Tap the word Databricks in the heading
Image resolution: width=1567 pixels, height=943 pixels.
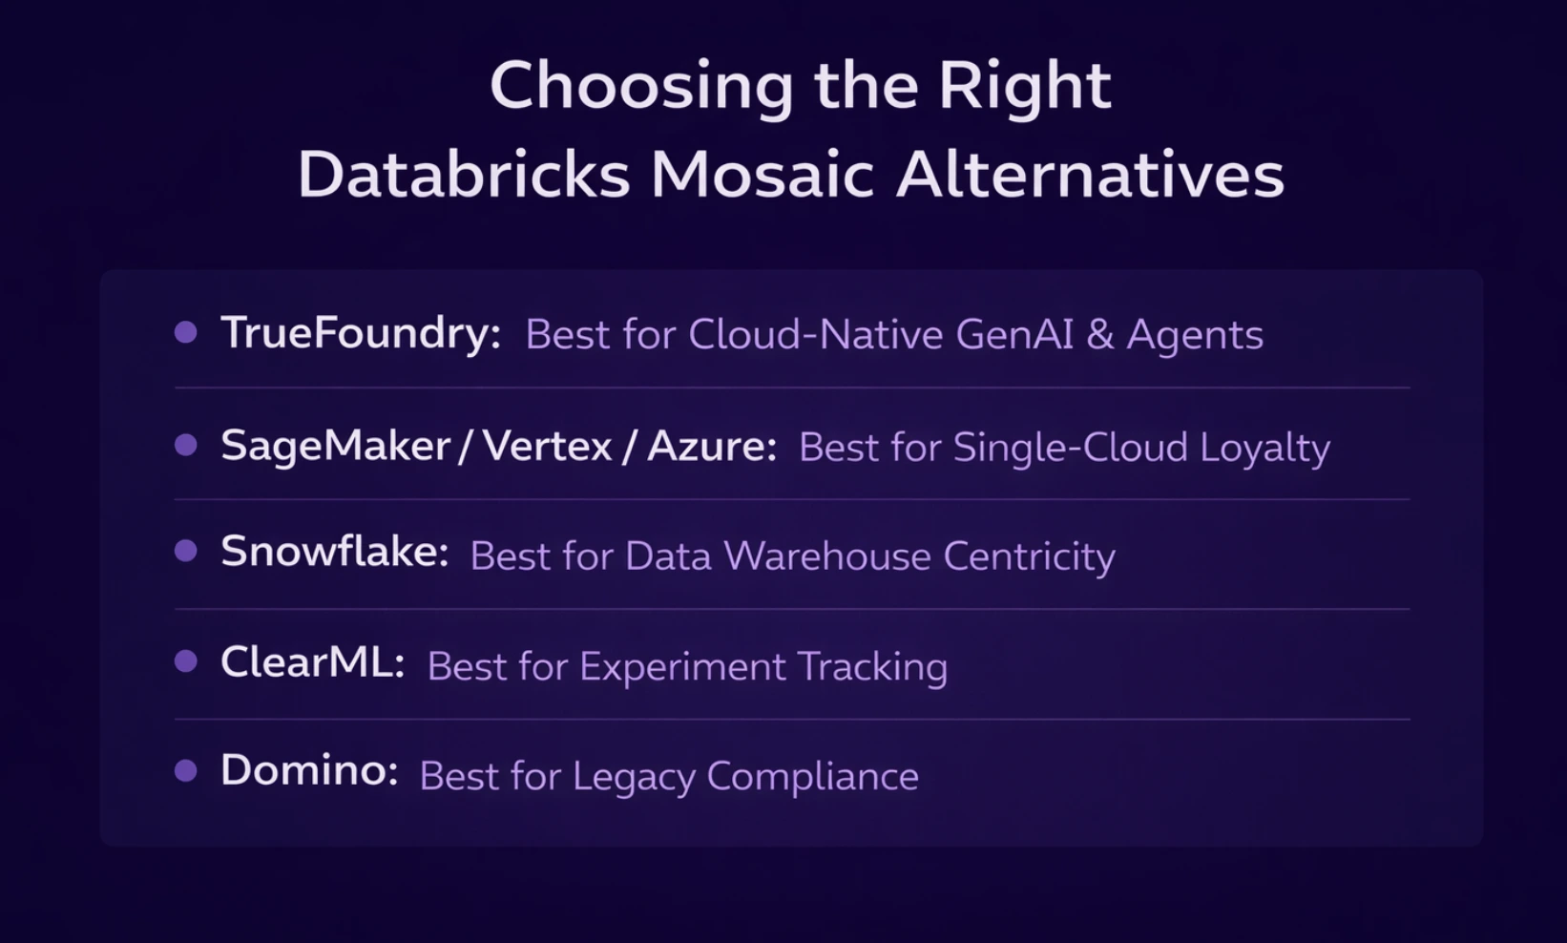(x=464, y=176)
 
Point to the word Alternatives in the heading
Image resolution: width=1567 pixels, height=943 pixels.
(x=1090, y=176)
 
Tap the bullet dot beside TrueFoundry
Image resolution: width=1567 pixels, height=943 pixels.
(x=186, y=332)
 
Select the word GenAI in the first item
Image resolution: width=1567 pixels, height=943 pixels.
(x=1013, y=334)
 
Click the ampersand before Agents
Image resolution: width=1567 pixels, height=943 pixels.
(x=1100, y=334)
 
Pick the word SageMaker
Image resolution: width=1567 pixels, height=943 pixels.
(x=335, y=447)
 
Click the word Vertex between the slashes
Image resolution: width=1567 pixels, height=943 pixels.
(x=547, y=446)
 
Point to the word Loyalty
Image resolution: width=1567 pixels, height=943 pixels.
(x=1264, y=449)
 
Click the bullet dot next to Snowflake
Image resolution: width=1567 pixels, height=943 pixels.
(x=186, y=551)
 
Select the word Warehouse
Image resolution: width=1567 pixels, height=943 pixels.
(x=826, y=555)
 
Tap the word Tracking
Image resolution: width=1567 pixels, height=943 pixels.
(x=872, y=667)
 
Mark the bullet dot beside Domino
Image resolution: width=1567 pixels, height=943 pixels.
(x=186, y=770)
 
